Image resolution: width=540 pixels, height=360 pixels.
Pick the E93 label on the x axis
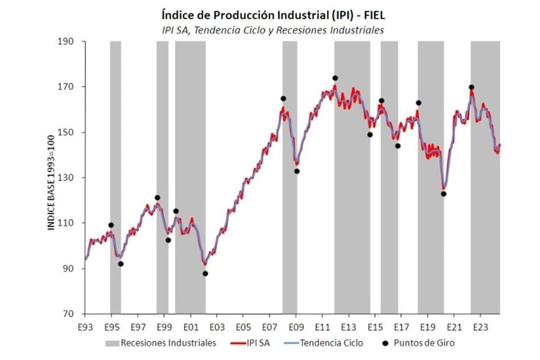point(85,326)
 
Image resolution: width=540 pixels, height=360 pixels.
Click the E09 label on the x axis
point(296,326)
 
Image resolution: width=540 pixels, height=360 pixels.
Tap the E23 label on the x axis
point(480,326)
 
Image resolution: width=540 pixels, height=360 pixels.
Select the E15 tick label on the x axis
point(375,326)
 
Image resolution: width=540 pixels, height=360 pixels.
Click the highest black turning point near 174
point(335,78)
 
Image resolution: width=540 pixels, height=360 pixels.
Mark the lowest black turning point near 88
point(205,273)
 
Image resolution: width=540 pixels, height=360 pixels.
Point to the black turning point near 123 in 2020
point(444,194)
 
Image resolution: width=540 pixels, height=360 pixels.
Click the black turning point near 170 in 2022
point(472,88)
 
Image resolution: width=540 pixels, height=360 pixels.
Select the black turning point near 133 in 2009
point(297,171)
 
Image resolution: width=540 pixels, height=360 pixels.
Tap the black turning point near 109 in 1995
point(111,225)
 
